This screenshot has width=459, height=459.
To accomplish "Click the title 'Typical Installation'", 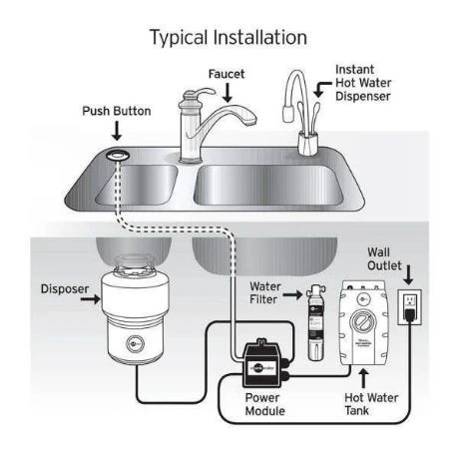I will click(x=229, y=38).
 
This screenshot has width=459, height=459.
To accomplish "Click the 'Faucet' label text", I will click(x=227, y=74).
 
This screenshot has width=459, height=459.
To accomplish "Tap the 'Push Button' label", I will click(x=117, y=110).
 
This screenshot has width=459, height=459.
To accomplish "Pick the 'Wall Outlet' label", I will click(x=387, y=259).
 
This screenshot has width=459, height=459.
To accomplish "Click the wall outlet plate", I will click(x=409, y=308).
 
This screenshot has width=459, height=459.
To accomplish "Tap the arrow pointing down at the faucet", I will click(x=227, y=93).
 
